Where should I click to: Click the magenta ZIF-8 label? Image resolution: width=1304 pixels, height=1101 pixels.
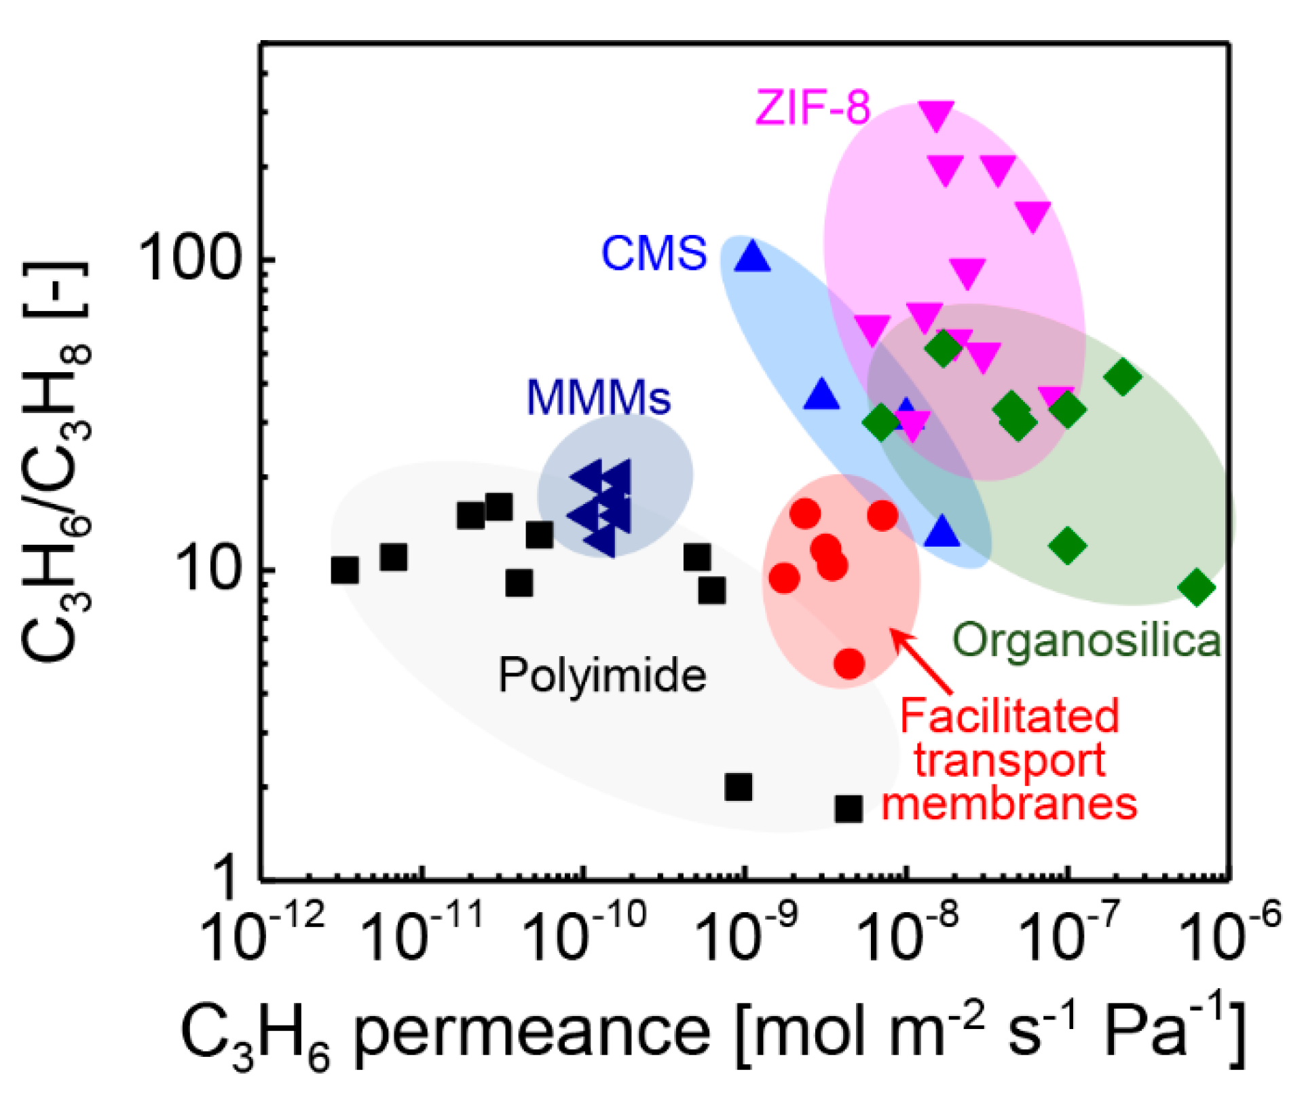point(813,107)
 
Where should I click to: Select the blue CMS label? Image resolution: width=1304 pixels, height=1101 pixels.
point(654,253)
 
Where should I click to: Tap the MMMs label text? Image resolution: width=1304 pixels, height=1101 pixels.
point(598,397)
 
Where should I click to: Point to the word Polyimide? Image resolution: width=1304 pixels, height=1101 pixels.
point(602,676)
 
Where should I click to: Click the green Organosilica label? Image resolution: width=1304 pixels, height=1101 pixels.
point(1087,640)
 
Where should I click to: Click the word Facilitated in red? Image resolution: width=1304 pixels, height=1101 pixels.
point(1009,716)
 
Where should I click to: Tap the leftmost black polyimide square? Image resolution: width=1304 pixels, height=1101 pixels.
point(345,570)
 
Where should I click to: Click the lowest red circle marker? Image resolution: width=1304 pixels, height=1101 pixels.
point(849,663)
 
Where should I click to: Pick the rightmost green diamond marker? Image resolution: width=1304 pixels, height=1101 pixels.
point(1196,587)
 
